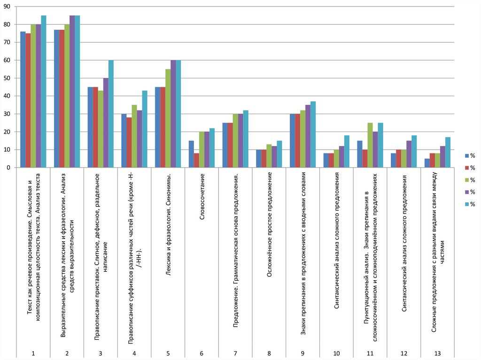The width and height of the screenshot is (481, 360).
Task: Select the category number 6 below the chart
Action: tap(202, 353)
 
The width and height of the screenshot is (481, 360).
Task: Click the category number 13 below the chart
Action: tap(438, 353)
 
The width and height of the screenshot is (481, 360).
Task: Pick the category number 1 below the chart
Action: tap(33, 353)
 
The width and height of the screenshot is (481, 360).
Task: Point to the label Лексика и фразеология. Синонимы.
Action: tap(168, 221)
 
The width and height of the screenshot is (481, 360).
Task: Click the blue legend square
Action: tap(466, 156)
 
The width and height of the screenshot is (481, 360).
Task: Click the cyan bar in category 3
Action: tap(111, 114)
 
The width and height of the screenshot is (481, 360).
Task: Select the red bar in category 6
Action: tap(196, 160)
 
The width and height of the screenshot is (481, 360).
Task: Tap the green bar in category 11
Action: tap(370, 145)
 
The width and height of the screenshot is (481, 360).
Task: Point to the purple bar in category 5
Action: tap(173, 114)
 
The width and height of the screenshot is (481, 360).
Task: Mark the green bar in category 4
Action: tap(134, 136)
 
